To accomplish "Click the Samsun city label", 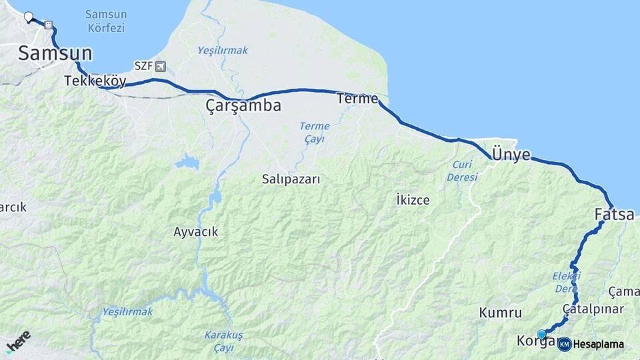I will [55, 53].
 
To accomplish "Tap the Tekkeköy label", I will [95, 81].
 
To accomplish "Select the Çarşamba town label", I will [243, 105].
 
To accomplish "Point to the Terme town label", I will [357, 99].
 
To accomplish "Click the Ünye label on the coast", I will [511, 155].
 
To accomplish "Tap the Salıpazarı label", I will [291, 179].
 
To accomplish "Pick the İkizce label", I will [412, 199].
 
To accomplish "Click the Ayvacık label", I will [195, 232].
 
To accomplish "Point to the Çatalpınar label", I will [593, 309].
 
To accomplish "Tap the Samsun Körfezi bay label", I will [106, 21].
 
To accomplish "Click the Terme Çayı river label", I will [314, 132].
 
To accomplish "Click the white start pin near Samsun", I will [28, 17].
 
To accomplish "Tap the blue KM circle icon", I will [564, 344].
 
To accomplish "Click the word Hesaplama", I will [598, 345].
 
